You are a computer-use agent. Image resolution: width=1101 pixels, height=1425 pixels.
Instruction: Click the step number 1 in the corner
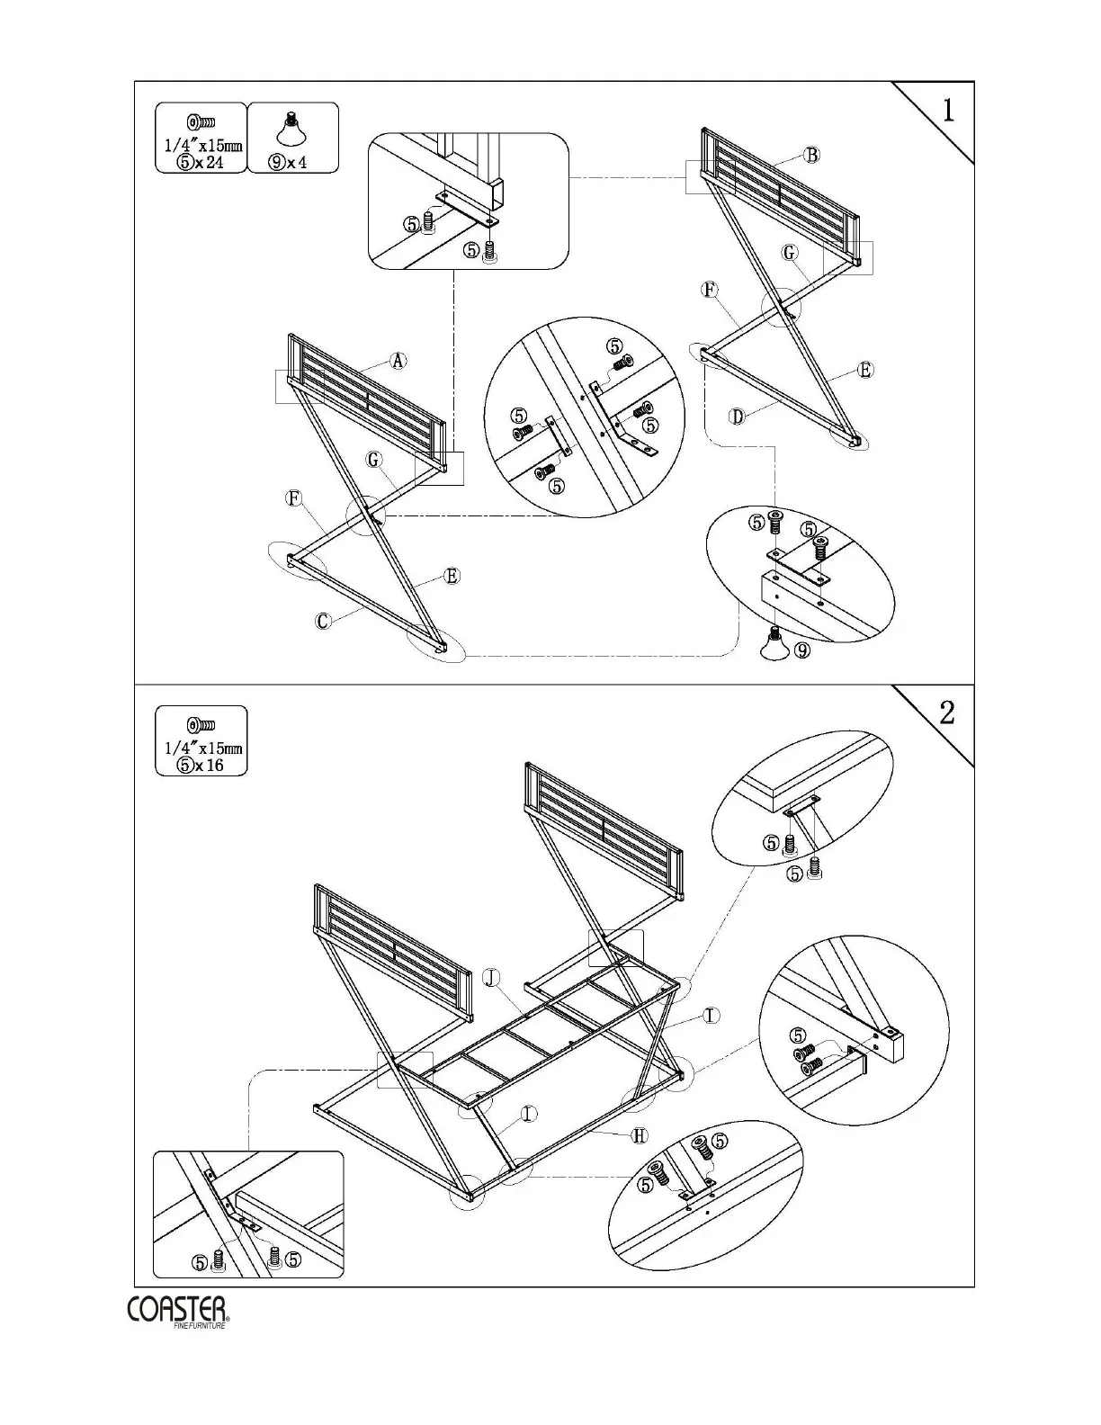tap(948, 110)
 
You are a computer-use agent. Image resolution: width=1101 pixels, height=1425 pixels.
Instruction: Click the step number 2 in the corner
tap(947, 713)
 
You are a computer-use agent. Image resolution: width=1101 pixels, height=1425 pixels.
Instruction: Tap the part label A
tap(398, 361)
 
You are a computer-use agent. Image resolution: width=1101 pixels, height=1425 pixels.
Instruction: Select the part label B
tap(811, 155)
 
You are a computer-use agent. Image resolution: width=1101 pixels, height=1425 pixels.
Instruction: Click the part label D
tap(737, 417)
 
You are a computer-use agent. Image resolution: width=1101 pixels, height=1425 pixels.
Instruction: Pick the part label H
tap(639, 1135)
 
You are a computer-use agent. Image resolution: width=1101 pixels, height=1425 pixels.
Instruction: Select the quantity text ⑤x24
tap(201, 163)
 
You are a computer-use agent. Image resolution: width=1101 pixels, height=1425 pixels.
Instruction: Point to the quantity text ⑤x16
tap(201, 766)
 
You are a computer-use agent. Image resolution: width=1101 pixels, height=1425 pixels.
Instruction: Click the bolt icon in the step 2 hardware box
tap(201, 725)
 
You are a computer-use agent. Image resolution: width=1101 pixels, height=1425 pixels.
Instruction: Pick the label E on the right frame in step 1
tap(865, 370)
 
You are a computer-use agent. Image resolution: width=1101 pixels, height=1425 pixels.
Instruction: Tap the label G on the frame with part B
tap(790, 253)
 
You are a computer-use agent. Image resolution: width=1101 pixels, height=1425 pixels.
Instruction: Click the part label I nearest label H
tap(528, 1114)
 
